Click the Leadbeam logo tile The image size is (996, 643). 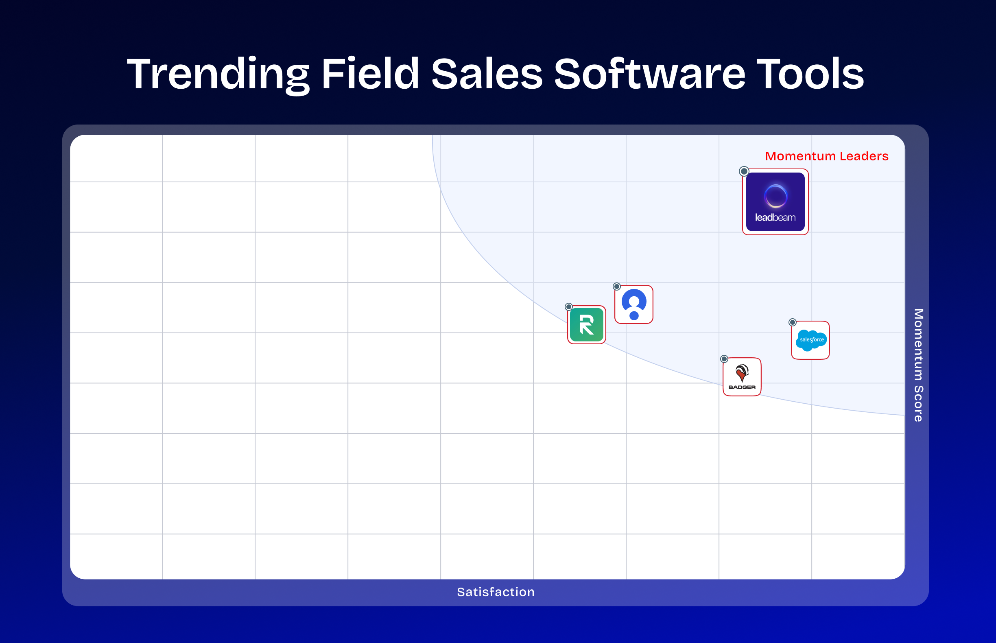[x=775, y=202]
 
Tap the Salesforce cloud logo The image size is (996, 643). [x=810, y=340]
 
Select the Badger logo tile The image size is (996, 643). [x=742, y=377]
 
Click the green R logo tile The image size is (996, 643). [x=587, y=325]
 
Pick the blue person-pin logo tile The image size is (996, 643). [x=633, y=304]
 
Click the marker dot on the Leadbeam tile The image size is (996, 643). [x=744, y=171]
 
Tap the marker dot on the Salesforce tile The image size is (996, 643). [x=792, y=322]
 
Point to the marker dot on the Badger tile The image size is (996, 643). [x=724, y=359]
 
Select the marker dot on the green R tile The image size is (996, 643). [x=568, y=307]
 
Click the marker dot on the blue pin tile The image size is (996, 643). [x=616, y=287]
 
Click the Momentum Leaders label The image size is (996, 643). [x=826, y=156]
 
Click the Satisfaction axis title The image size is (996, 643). [x=496, y=592]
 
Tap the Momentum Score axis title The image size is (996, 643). [x=918, y=365]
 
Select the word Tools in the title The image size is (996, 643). [x=810, y=74]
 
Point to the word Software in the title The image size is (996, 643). [x=649, y=74]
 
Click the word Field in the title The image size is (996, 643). [x=370, y=74]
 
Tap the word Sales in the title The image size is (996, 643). [x=486, y=74]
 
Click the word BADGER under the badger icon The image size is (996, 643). [x=742, y=387]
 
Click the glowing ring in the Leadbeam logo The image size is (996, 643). [x=775, y=196]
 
